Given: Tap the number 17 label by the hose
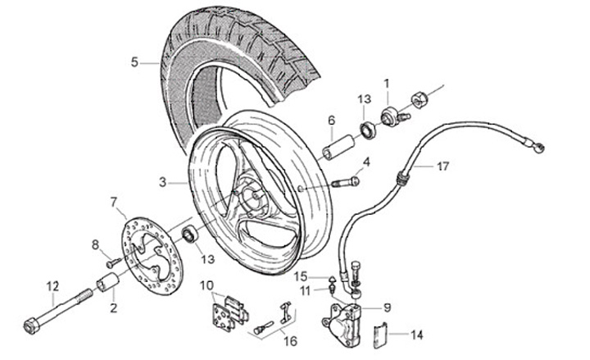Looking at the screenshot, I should click(x=442, y=166).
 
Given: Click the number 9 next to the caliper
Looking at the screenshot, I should click(x=387, y=308).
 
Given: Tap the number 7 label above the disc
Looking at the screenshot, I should click(x=114, y=202).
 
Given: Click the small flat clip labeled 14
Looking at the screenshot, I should click(x=378, y=336).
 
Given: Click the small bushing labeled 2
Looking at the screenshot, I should click(x=108, y=285).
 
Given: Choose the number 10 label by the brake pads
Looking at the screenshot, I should click(x=206, y=285).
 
